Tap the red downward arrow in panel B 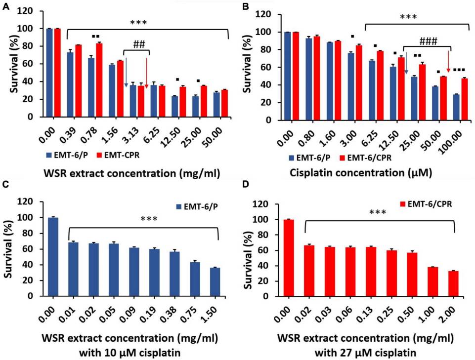[448, 63]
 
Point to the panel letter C [5, 186]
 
